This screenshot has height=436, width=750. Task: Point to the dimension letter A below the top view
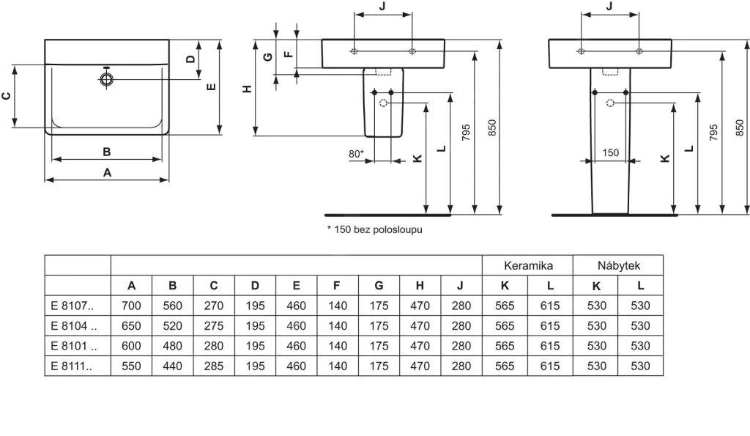tap(107, 173)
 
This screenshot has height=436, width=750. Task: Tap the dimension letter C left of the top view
tap(7, 96)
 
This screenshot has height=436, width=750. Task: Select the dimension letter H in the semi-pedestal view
tap(248, 88)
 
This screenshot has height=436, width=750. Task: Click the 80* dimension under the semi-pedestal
tap(356, 154)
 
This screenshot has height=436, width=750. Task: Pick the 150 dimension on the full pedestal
tap(610, 153)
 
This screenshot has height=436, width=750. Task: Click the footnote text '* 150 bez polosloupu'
tap(374, 229)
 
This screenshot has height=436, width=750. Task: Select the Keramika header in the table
tap(527, 265)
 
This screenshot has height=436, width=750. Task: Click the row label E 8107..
tap(72, 306)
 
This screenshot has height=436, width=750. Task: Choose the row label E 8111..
tap(72, 365)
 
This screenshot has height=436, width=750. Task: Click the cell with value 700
tap(131, 306)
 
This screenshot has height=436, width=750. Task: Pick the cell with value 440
tap(172, 365)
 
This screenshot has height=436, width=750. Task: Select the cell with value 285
tap(213, 365)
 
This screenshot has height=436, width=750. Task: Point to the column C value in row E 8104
tap(213, 325)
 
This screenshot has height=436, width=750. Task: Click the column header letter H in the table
tap(420, 286)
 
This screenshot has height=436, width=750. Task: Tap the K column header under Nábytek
tap(596, 286)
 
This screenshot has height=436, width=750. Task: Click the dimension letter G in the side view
tap(267, 56)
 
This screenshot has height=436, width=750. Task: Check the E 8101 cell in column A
tap(131, 345)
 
